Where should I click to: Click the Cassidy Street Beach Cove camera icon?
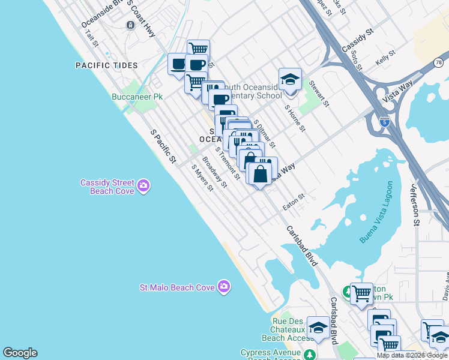tap(143, 186)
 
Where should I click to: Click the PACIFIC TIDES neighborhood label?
tap(106, 65)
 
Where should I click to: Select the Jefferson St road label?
tap(415, 205)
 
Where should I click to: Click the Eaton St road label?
tap(294, 201)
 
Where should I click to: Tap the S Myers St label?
tap(202, 178)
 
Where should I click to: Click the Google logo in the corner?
tap(20, 353)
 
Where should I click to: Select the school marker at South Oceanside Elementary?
tap(290, 80)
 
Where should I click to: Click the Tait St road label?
tap(91, 37)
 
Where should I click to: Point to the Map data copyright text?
tap(412, 355)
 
